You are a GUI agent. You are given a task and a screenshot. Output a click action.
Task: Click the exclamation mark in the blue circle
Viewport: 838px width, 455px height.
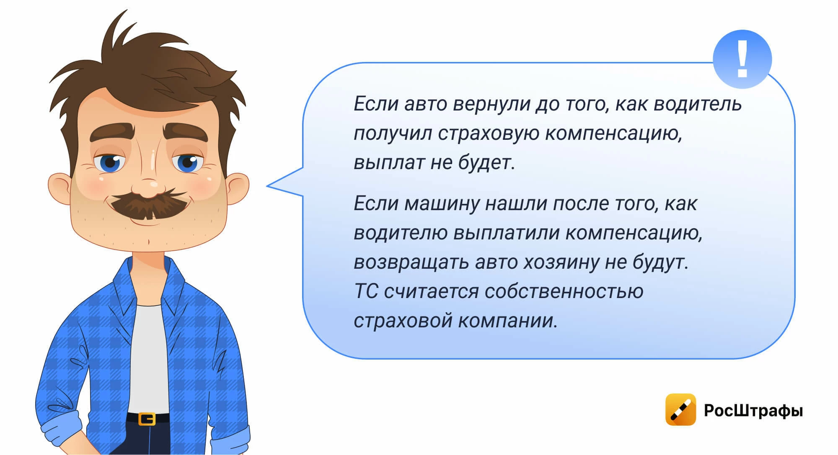[x=742, y=59]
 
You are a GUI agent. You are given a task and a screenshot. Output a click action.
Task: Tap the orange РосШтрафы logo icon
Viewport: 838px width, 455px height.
[x=680, y=409]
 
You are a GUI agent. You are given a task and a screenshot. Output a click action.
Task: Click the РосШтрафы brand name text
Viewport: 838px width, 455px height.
[x=753, y=410]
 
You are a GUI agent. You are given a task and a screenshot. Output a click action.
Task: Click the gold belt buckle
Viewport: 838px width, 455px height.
[x=147, y=419]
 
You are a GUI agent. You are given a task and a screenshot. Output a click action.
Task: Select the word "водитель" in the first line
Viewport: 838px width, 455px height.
[x=698, y=104]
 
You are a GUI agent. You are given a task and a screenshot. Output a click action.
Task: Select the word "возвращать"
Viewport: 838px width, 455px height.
[x=411, y=262]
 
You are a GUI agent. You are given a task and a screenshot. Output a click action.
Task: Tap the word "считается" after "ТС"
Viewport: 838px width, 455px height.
[x=431, y=291]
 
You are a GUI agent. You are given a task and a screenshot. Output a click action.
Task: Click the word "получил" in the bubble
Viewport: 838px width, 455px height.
[x=393, y=134]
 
